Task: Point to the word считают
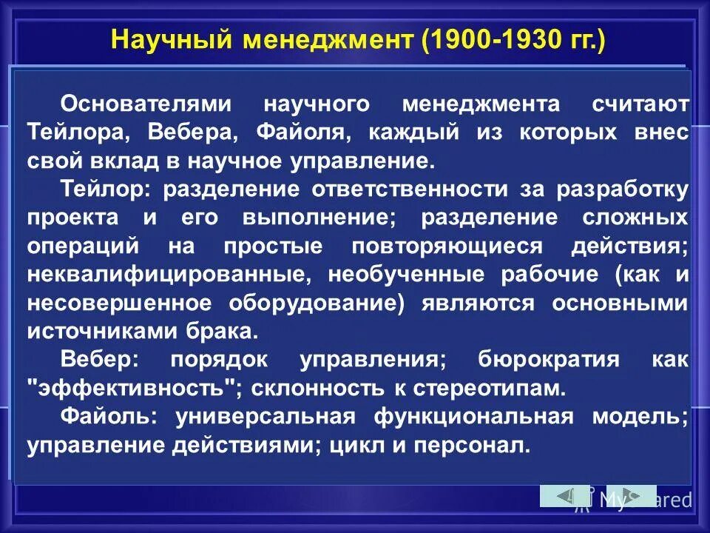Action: pos(640,104)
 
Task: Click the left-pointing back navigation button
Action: pos(564,495)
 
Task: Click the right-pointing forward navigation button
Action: pos(631,495)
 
